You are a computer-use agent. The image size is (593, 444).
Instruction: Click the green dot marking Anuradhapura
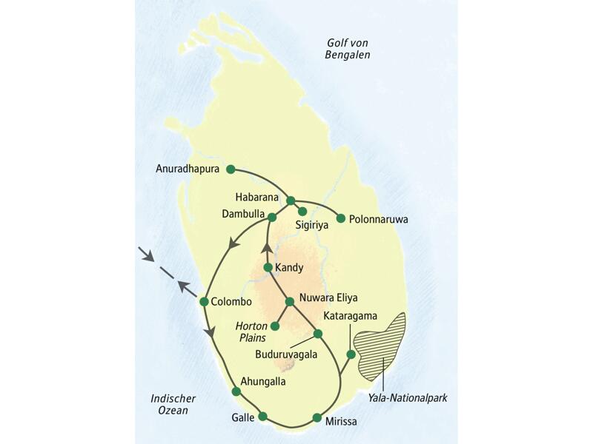point(231,169)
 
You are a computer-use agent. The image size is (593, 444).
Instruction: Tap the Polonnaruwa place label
point(379,219)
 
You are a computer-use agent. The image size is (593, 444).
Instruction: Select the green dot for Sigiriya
point(302,211)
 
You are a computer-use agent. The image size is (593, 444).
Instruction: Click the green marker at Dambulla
point(272,217)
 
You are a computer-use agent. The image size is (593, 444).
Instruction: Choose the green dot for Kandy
point(268,266)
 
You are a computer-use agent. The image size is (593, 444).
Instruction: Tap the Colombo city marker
point(203,301)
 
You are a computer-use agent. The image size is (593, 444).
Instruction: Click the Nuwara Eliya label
point(328,299)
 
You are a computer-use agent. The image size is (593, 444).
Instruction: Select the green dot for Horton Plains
point(275,326)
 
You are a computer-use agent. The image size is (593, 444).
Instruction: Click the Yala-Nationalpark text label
point(408,398)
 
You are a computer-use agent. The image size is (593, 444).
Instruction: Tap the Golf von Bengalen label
point(349,49)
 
